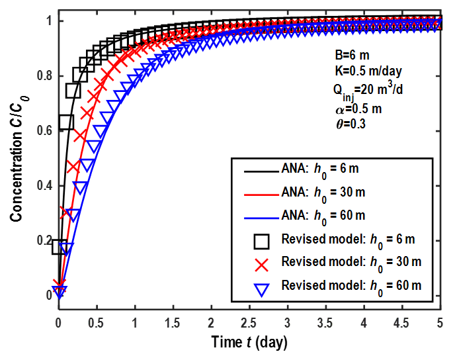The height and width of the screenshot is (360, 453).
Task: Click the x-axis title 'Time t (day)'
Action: [249, 343]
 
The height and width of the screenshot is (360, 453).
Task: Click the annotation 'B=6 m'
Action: [350, 56]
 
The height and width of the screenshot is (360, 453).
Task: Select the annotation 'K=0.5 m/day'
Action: [366, 70]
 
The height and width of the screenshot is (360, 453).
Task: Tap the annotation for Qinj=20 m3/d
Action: [370, 89]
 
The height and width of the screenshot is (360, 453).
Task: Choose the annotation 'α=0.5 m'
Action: [358, 107]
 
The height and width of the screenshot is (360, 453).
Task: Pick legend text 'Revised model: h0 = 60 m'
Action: [350, 285]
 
